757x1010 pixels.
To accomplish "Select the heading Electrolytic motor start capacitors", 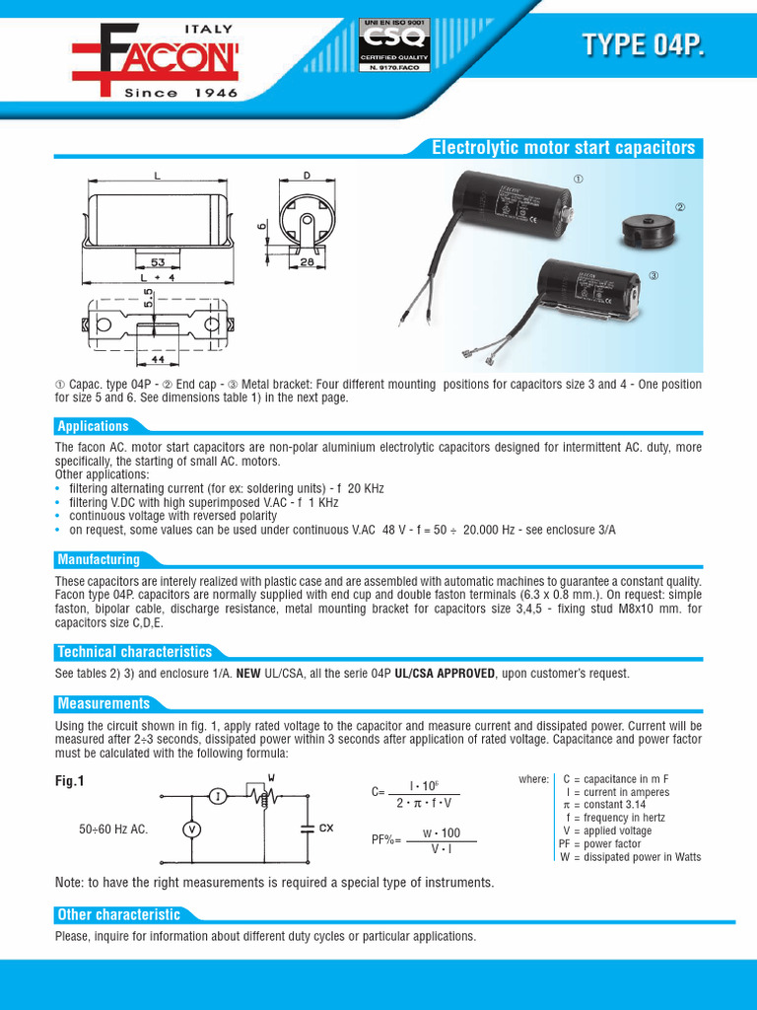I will [564, 148].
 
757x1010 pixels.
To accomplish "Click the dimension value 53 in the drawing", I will [158, 262].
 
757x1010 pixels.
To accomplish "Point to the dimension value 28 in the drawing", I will [308, 261].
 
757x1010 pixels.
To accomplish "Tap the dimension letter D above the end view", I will [307, 177].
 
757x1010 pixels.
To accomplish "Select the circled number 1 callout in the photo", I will [579, 179].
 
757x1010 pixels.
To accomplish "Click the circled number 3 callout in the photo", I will [653, 274].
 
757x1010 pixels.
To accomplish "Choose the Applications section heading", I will [94, 426].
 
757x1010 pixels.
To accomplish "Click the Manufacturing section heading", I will [99, 559].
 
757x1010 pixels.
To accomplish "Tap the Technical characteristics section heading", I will [134, 652].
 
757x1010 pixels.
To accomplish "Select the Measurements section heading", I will [103, 703].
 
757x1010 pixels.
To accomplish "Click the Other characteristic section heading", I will [118, 914].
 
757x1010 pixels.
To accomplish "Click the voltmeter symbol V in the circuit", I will [194, 830].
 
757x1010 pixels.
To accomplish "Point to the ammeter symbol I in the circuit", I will [220, 795].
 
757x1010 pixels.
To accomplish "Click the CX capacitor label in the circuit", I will [325, 829].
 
